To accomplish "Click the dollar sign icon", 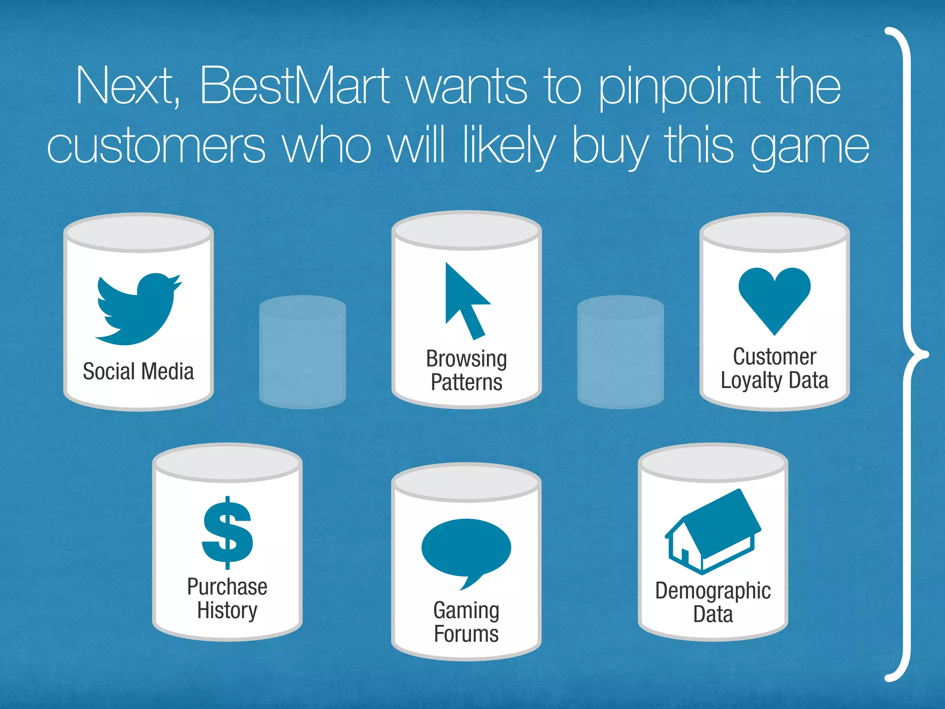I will [227, 533].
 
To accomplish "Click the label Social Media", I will [138, 372].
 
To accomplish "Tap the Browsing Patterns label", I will [466, 370].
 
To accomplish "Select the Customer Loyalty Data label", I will [774, 368].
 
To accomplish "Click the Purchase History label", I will [227, 599].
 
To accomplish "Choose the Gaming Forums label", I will [466, 622].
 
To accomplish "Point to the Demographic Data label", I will [713, 602].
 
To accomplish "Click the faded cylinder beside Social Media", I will [302, 352].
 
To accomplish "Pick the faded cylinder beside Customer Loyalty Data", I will [620, 352].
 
